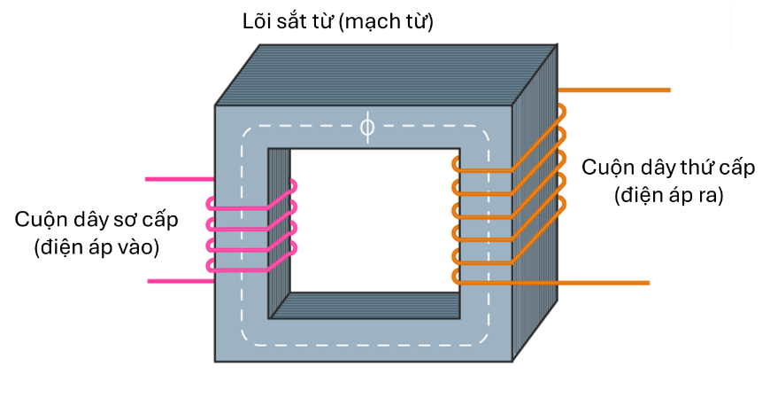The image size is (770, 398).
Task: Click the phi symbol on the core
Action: click(367, 128)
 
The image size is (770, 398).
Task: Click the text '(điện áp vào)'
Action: click(96, 247)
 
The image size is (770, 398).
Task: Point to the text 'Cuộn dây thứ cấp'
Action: click(668, 168)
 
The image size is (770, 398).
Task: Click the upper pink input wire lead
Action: click(177, 179)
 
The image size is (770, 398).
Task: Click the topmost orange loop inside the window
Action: click(457, 165)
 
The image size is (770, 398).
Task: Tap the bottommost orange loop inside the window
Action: click(457, 277)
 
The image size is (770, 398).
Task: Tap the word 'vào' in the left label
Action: click(138, 247)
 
